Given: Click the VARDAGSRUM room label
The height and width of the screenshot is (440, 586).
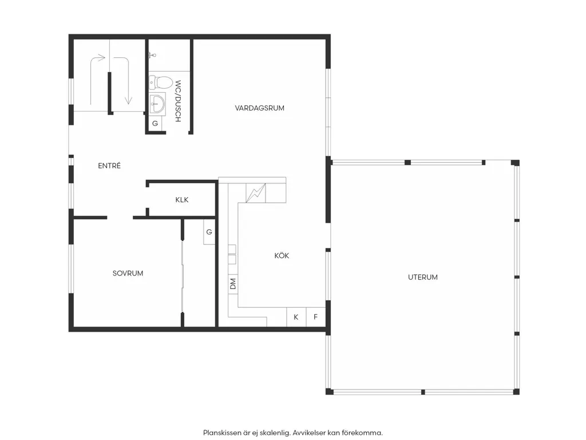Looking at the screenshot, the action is (x=259, y=108).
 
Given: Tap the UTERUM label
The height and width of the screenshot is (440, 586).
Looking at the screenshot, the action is (x=423, y=277).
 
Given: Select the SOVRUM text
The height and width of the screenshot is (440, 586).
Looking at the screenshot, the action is (x=128, y=273).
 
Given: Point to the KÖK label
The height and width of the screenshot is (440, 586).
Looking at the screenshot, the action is (x=282, y=255).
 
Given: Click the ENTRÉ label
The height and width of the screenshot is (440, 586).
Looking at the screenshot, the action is (x=109, y=166).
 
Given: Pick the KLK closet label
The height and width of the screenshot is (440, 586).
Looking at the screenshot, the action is (x=181, y=200).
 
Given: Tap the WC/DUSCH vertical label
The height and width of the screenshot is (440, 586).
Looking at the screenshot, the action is (x=178, y=101).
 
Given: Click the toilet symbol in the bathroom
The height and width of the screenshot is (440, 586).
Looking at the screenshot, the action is (x=160, y=82).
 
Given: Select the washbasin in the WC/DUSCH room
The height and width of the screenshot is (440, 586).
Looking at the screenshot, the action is (x=157, y=104).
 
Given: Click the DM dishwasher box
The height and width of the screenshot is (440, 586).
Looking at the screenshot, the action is (x=233, y=284).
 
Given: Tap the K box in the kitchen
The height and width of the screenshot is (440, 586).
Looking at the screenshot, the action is (x=296, y=317).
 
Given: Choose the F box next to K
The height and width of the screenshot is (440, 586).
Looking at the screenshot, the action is (x=315, y=317).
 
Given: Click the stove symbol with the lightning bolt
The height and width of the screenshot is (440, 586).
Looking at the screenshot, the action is (x=256, y=193).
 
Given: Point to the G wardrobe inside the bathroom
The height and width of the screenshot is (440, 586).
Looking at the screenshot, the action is (x=155, y=123).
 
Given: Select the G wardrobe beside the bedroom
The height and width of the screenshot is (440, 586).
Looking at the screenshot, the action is (x=209, y=232).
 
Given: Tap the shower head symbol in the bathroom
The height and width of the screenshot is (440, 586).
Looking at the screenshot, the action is (x=151, y=56).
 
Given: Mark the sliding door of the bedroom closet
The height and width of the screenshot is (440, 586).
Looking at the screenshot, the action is (x=183, y=277).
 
